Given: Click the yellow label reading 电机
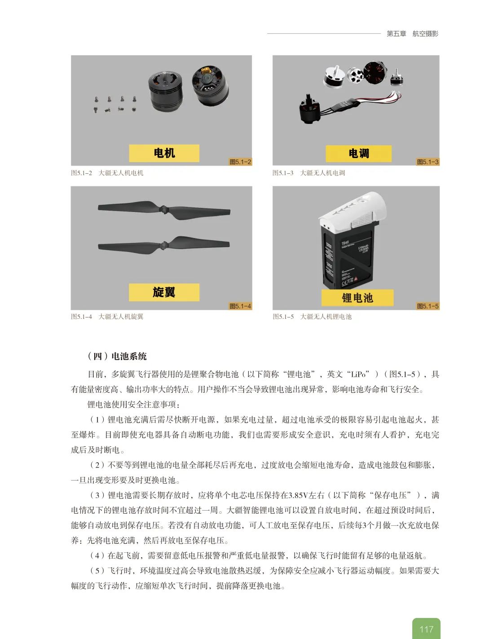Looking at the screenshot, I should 164,153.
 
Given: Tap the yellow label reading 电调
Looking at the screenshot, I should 358,154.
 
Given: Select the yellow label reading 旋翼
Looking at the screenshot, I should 164,292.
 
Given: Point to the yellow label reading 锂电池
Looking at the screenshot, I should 357,298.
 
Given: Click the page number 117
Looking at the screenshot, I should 426,629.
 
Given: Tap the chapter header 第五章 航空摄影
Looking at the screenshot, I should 412,34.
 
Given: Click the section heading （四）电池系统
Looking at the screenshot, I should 117,356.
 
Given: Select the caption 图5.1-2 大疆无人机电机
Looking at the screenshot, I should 107,173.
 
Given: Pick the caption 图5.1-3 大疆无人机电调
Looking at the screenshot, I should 309,173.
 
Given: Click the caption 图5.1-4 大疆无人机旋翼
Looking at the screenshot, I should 107,317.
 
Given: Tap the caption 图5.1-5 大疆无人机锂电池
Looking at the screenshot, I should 312,317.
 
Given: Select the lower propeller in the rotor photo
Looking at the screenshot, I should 164,245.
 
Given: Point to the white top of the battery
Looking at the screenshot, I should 353,209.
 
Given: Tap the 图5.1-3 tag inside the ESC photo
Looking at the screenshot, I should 428,162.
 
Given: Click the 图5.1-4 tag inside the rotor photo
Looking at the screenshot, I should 240,306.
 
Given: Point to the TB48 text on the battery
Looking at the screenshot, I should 345,242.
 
